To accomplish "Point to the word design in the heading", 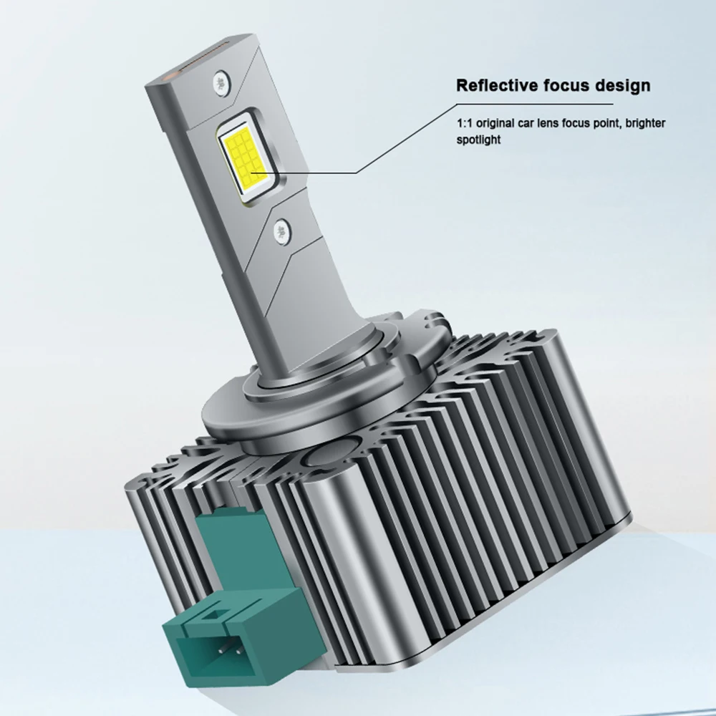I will [620, 86].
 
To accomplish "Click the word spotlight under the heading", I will [478, 141].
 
